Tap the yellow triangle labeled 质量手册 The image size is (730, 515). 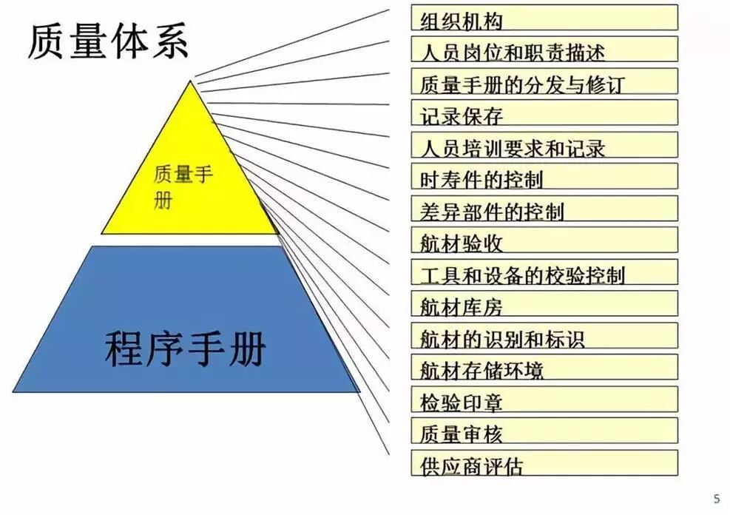tap(190, 178)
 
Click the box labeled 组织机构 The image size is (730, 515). tap(544, 18)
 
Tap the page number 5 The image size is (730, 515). tap(716, 499)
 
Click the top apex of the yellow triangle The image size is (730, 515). tap(191, 82)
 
